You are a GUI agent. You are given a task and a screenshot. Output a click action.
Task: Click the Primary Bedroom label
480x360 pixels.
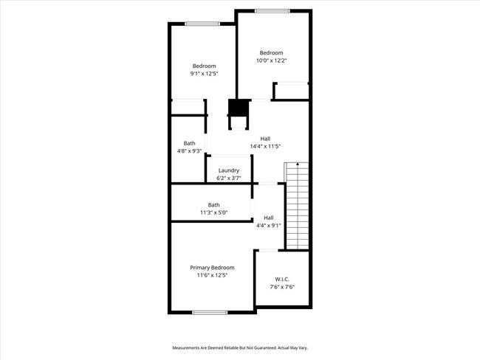[x=212, y=267]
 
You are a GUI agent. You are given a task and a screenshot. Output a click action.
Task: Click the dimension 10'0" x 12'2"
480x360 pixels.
[x=271, y=60]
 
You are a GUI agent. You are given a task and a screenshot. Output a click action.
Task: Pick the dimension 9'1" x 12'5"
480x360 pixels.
[x=204, y=74]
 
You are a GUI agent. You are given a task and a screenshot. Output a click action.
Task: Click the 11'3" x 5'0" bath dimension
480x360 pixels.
[x=213, y=212]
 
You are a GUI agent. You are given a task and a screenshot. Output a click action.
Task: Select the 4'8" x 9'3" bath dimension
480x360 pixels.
[x=190, y=151]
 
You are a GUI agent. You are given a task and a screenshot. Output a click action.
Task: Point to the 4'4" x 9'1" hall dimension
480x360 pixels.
[x=269, y=226]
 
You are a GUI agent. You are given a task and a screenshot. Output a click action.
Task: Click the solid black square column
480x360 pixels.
[x=238, y=108]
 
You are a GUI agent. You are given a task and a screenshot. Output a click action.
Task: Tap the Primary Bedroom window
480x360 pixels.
[x=210, y=312]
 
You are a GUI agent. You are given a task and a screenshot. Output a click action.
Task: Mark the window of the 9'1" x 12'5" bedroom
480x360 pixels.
[x=202, y=24]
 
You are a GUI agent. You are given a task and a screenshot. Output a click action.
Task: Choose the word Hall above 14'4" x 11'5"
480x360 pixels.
[x=264, y=138]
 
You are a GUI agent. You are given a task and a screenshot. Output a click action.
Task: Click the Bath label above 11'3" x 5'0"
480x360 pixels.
[x=213, y=204]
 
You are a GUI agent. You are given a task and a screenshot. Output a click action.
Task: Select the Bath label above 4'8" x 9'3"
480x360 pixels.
[x=190, y=143]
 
